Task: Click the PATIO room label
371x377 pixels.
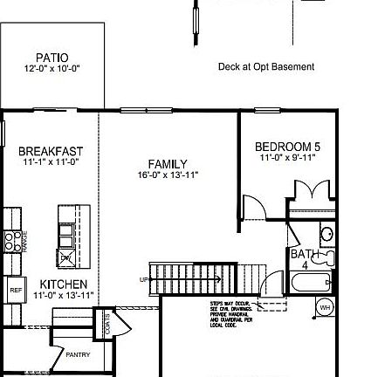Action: tap(52, 58)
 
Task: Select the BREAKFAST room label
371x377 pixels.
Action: tap(51, 150)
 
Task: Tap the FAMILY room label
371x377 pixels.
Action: tap(168, 163)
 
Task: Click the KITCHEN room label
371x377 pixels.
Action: tap(64, 284)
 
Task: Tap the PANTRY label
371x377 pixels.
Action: tap(78, 355)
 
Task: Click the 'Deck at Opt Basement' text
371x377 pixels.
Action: tap(266, 67)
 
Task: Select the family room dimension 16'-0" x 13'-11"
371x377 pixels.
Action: tap(168, 174)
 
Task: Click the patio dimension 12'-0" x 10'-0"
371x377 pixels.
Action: tap(52, 68)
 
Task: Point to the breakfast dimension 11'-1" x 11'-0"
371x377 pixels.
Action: tap(51, 161)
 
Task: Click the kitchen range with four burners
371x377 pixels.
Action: tap(12, 240)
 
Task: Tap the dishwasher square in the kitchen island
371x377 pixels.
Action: tap(67, 257)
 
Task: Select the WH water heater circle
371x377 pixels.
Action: tap(324, 306)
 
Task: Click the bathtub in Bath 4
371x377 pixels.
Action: tap(310, 283)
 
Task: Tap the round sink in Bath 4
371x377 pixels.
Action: tap(326, 234)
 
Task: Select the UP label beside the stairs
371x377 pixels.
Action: tap(143, 279)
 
